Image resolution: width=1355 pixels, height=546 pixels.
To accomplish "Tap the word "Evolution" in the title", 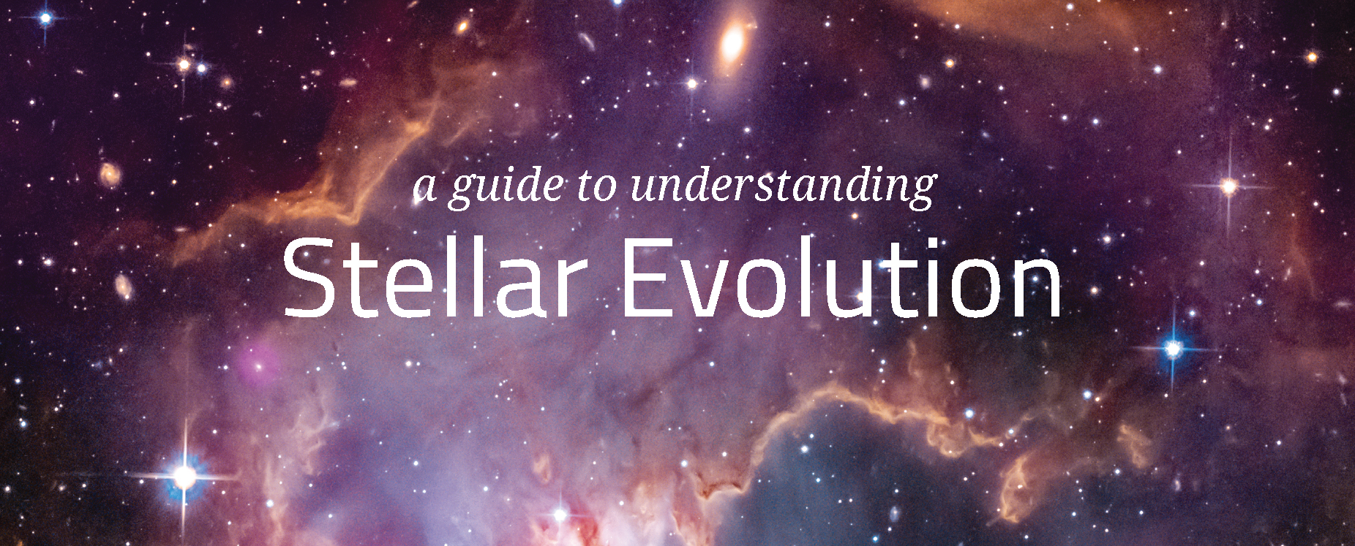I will [841, 278].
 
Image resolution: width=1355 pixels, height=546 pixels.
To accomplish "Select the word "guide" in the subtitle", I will [506, 187].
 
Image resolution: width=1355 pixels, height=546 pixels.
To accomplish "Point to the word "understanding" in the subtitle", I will [783, 186].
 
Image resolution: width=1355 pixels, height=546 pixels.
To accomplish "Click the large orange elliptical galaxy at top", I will [732, 42].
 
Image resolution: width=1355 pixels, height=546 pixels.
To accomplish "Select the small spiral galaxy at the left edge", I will [110, 174].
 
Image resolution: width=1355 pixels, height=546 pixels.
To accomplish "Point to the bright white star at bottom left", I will [184, 477].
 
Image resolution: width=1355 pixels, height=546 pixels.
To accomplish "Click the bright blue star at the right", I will [1173, 349].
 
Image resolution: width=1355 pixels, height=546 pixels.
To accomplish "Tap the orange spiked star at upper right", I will [1228, 186].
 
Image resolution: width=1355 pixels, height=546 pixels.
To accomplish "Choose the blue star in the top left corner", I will [45, 18].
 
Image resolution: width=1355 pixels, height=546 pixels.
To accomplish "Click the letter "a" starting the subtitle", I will [424, 188].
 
